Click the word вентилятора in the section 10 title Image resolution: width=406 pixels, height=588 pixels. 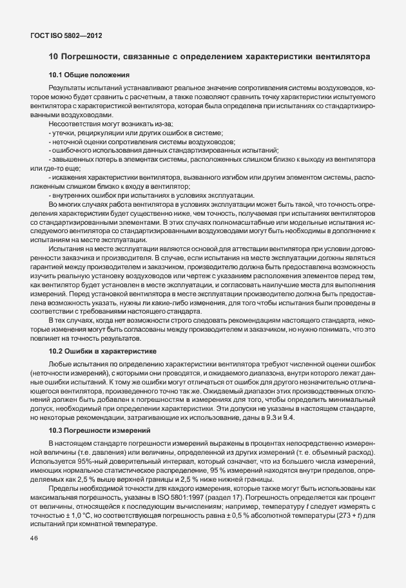point(342,57)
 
